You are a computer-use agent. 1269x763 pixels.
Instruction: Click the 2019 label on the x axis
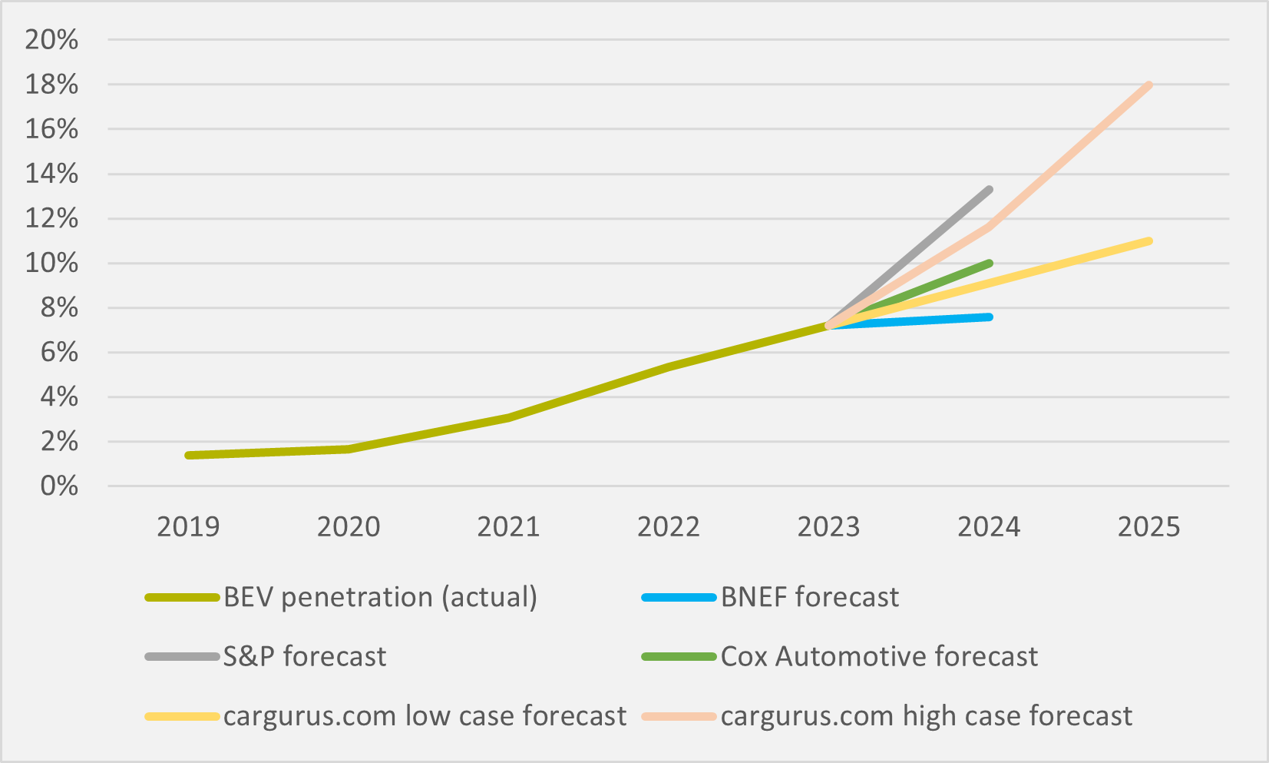click(188, 527)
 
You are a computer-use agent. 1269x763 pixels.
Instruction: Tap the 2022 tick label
click(669, 527)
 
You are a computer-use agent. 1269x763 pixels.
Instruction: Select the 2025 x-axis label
click(1148, 527)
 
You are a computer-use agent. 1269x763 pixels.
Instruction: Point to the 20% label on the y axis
click(51, 40)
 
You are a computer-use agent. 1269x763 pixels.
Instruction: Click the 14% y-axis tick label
click(51, 174)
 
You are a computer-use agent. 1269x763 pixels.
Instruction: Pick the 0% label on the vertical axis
click(59, 486)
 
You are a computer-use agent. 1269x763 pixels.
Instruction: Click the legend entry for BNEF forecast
click(809, 597)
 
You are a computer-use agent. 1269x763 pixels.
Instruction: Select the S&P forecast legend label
click(305, 656)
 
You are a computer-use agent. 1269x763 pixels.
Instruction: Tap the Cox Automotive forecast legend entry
click(879, 656)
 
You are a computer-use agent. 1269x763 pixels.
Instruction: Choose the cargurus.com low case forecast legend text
click(425, 716)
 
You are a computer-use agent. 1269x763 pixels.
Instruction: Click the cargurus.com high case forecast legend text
click(926, 716)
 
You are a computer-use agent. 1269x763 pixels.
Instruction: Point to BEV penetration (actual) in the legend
click(380, 597)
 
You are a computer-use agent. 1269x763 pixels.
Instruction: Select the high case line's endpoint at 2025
click(1148, 85)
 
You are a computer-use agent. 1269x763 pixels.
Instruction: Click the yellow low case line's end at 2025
click(1148, 241)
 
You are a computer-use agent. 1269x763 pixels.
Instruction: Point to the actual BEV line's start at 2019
click(189, 456)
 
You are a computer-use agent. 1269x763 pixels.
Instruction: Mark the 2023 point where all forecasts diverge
click(829, 326)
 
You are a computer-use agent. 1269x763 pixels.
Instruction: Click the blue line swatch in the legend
click(679, 597)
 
